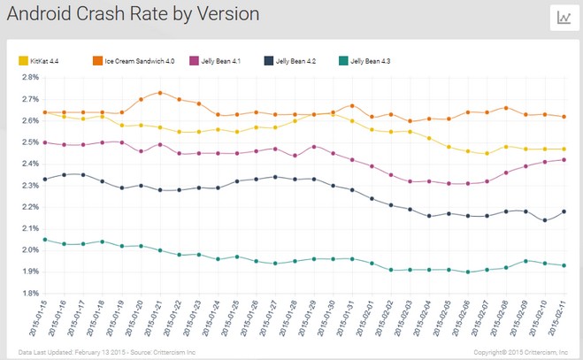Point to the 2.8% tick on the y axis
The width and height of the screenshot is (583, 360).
[x=30, y=77]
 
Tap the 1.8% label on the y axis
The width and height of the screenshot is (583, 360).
[x=30, y=293]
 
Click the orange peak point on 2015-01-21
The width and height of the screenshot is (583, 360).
[x=159, y=92]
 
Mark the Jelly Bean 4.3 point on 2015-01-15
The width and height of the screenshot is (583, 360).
[x=43, y=240]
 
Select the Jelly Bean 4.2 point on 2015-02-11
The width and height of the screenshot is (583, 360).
[x=564, y=211]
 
